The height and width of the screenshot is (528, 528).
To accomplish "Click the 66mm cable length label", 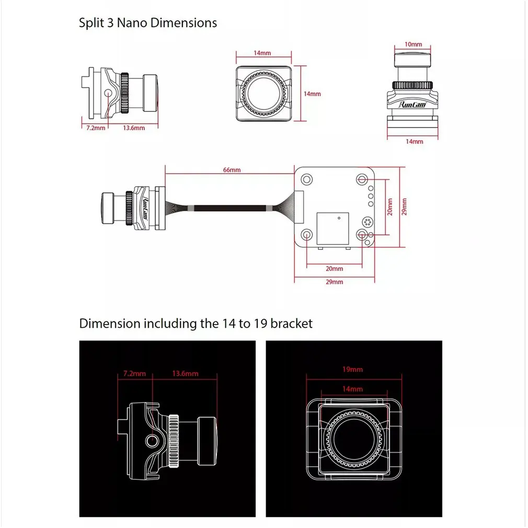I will coord(232,170).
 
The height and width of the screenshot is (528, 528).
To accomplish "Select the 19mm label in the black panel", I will coord(352,369).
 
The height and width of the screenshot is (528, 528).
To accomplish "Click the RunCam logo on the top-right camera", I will coord(413,104).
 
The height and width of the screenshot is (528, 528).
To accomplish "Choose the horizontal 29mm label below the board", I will coord(335,282).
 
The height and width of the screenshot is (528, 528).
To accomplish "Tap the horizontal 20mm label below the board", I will coord(335,269).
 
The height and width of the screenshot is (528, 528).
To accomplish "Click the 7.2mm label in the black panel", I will coord(134,373).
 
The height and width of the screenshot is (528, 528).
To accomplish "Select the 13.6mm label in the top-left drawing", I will coord(134,128).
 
